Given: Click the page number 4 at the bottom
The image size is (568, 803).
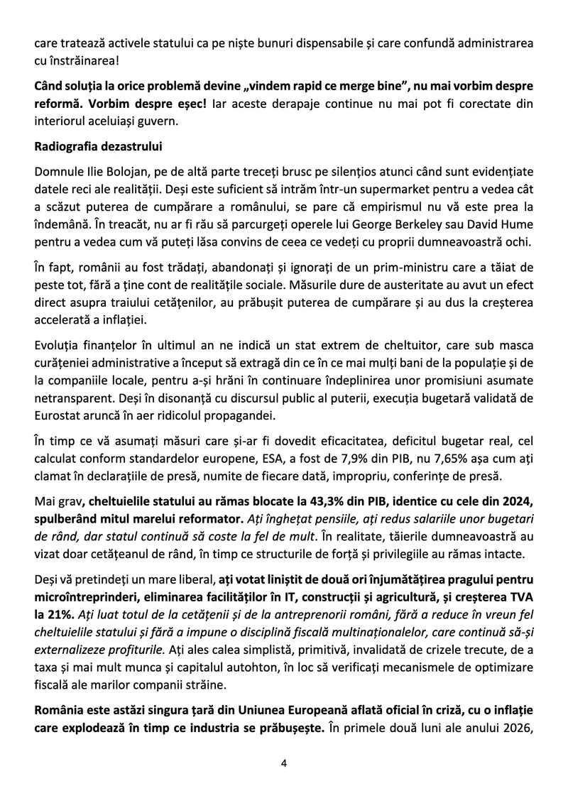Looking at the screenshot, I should click(284, 763).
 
